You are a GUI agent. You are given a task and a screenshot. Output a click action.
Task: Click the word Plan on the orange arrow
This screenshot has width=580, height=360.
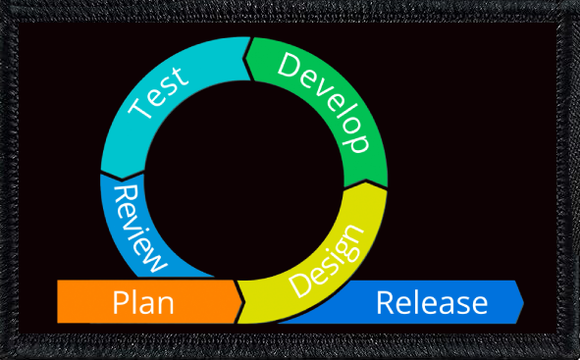(x=143, y=302)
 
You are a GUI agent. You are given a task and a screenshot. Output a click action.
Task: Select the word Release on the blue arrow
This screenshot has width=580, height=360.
(x=432, y=302)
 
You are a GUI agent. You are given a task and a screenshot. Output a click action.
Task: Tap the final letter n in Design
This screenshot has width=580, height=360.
(x=355, y=235)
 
